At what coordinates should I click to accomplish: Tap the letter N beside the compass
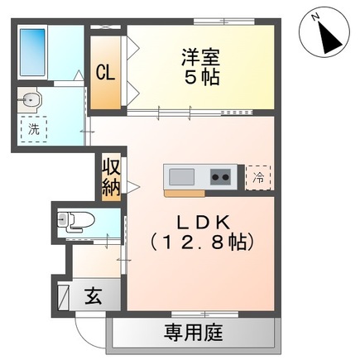(317, 14)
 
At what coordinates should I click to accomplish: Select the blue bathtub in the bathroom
(33, 49)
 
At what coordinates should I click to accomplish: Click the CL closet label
(104, 71)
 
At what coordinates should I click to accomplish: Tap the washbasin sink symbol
(31, 101)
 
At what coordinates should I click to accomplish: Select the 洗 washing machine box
(34, 128)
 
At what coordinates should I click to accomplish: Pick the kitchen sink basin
(180, 176)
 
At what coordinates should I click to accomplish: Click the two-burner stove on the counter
(219, 176)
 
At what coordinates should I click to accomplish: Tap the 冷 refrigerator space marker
(258, 176)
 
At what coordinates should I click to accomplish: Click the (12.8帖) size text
(200, 243)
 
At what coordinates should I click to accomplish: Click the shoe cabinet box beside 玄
(62, 295)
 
